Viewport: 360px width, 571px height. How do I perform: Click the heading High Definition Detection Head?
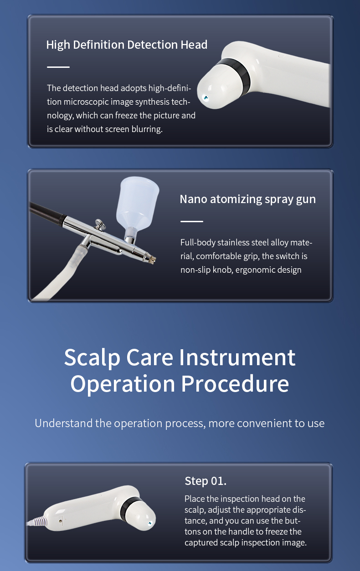coord(127,45)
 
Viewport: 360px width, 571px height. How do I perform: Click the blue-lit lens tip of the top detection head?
coord(205,97)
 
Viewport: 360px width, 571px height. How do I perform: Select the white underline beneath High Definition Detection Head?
coord(58,67)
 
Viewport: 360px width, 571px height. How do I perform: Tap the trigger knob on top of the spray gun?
coord(99,224)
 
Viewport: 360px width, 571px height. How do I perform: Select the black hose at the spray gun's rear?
coord(47,212)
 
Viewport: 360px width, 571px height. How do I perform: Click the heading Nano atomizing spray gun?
coord(248,199)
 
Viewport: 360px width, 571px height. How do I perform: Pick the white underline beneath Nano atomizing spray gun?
coord(191,221)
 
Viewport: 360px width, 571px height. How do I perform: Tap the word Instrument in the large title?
coord(237,357)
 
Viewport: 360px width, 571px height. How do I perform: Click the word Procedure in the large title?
coord(235,384)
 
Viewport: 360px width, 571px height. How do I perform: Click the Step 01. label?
coord(206,481)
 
